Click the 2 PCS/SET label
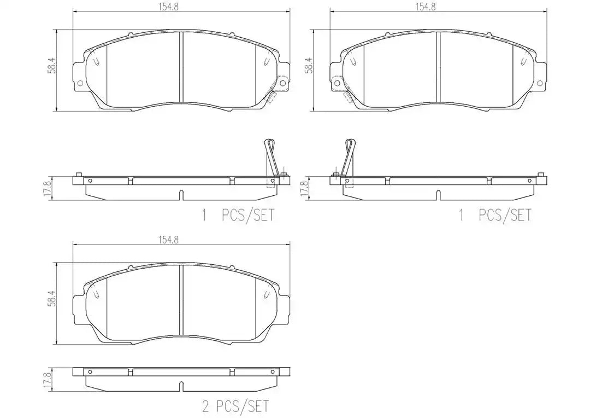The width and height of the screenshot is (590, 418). [235, 406]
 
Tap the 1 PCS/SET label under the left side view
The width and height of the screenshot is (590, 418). [238, 215]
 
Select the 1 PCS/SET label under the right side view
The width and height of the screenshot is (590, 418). [495, 215]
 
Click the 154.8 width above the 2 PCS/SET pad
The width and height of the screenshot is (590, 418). [168, 240]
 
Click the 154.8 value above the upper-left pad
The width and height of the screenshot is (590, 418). [168, 7]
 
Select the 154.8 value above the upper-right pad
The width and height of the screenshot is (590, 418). [426, 7]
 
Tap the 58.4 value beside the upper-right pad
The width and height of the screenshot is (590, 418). [310, 65]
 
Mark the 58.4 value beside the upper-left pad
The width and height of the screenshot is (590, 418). [52, 65]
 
